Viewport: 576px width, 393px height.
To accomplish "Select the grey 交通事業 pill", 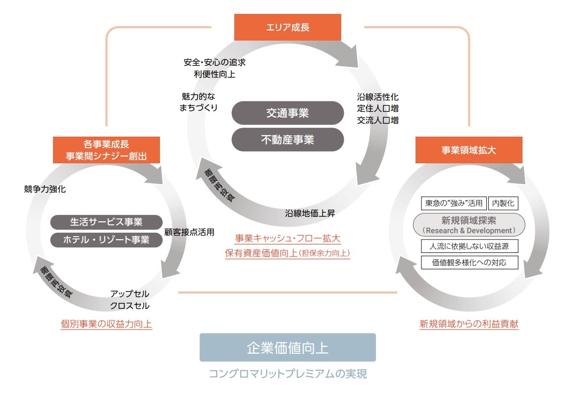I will click(x=288, y=113).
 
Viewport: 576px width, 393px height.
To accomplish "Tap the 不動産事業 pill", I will click(x=288, y=140).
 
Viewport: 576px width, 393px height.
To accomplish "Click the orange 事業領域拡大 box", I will click(x=469, y=150).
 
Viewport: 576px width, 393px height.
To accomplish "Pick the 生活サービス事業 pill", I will click(x=106, y=222).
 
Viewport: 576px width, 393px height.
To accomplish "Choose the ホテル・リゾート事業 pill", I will click(x=106, y=240).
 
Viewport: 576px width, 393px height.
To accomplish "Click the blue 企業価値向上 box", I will click(x=288, y=347).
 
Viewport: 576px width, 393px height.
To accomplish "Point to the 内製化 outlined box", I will click(x=503, y=203).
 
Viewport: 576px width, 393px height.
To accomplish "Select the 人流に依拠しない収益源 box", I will click(x=470, y=246).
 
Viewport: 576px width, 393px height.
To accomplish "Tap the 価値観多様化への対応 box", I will click(x=470, y=262).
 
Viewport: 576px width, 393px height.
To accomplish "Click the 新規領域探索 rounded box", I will click(x=469, y=224).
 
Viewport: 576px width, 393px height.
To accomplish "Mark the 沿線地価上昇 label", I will click(x=310, y=214).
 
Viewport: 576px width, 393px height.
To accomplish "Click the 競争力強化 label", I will click(x=45, y=189).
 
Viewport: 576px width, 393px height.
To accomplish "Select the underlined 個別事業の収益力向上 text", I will click(x=106, y=325).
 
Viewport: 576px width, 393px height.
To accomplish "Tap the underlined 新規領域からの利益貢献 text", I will click(x=469, y=325).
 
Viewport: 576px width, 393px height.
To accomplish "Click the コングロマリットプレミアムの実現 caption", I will click(x=288, y=374).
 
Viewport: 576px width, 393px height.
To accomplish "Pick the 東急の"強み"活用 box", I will click(x=454, y=203).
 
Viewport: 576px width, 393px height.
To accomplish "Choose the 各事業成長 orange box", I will click(x=106, y=150).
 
